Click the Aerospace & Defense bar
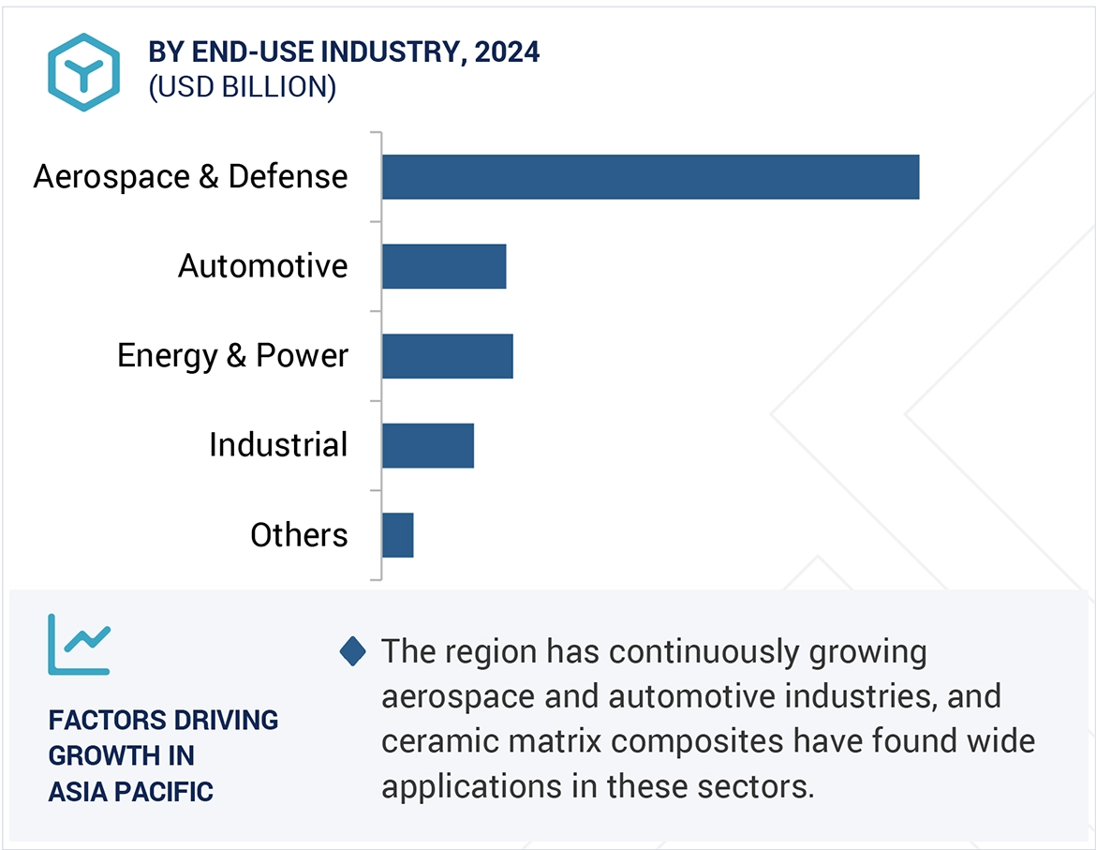click(x=650, y=177)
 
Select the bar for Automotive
click(x=444, y=266)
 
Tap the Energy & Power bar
click(x=448, y=356)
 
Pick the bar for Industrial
click(x=428, y=445)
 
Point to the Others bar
click(x=398, y=535)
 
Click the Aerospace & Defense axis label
click(x=190, y=177)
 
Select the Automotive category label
click(x=263, y=266)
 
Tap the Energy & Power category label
click(x=232, y=356)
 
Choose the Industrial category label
click(x=278, y=445)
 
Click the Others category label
click(x=299, y=535)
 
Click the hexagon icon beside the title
click(x=84, y=71)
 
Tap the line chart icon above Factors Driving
click(x=79, y=644)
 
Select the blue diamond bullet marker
click(x=352, y=651)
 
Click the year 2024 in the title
click(x=507, y=52)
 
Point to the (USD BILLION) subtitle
click(x=243, y=87)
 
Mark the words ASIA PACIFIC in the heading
click(x=131, y=792)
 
